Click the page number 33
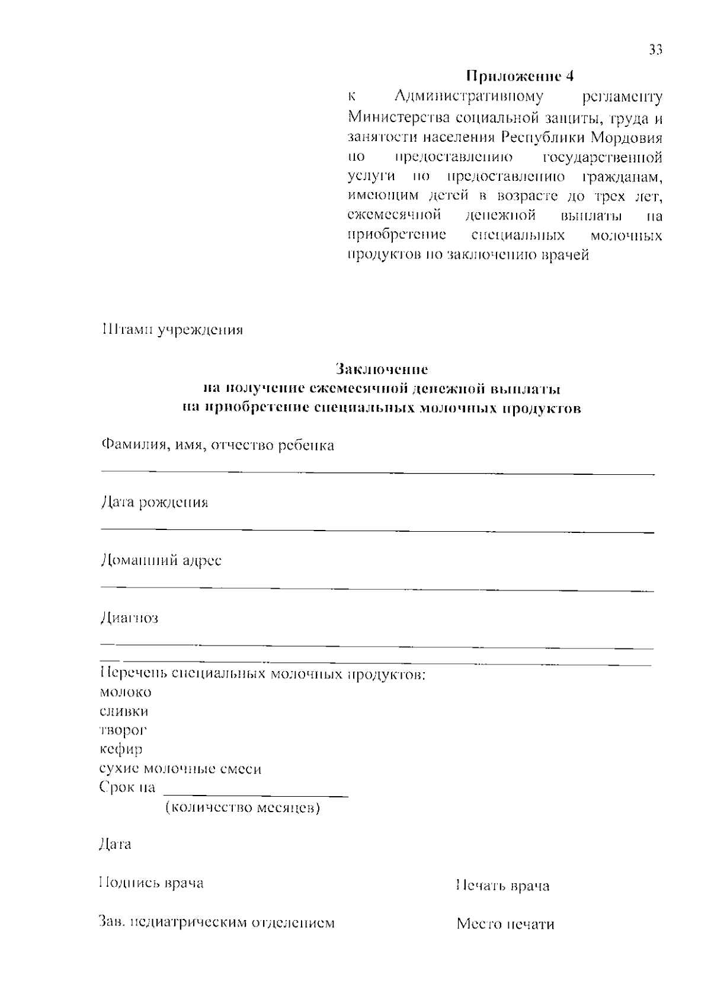655,50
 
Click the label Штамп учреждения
172,330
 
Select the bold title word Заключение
382,369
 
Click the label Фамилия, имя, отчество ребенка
217,445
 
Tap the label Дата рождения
154,503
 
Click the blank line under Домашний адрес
377,589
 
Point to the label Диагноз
129,618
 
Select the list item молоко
126,692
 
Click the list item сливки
124,711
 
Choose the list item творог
123,730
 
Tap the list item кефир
121,750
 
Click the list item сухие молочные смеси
180,769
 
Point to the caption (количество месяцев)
242,808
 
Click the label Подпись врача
151,883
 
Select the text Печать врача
503,886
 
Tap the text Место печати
505,924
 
